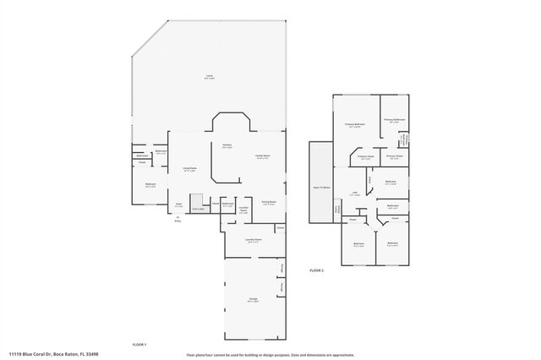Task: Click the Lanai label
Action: pyautogui.click(x=208, y=76)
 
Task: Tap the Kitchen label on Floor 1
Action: pyautogui.click(x=227, y=146)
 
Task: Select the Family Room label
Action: pyautogui.click(x=263, y=156)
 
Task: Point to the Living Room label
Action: pyautogui.click(x=190, y=169)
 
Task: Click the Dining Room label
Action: pyautogui.click(x=269, y=202)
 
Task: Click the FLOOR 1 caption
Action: pyautogui.click(x=139, y=345)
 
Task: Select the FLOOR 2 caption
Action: pyautogui.click(x=317, y=270)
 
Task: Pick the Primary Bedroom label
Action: pyautogui.click(x=354, y=125)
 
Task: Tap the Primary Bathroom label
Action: pyautogui.click(x=395, y=120)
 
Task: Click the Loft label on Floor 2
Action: pyautogui.click(x=356, y=194)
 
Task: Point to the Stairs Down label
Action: pyautogui.click(x=336, y=209)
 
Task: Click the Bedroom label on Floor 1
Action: pyautogui.click(x=150, y=185)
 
